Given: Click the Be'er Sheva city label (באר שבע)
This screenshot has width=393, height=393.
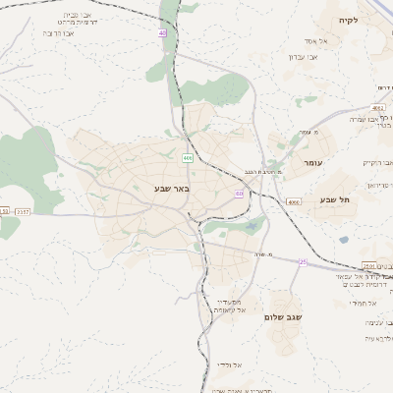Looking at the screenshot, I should (171, 188).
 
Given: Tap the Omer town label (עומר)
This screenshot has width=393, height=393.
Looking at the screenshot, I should (313, 162).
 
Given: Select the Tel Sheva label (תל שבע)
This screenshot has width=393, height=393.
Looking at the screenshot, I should (333, 200).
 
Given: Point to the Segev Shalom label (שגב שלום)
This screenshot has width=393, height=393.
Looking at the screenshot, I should (282, 317).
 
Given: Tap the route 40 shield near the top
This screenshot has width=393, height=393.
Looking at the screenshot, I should (162, 34).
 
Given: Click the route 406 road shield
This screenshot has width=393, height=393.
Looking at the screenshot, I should (187, 157).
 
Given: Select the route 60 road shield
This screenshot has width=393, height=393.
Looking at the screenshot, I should (239, 194).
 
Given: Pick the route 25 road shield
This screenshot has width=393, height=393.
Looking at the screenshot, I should (303, 262).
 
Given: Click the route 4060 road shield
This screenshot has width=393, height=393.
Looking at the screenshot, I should (294, 201).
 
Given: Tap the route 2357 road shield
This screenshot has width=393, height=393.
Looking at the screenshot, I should (23, 211).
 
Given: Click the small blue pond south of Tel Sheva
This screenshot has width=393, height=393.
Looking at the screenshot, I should (341, 239).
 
